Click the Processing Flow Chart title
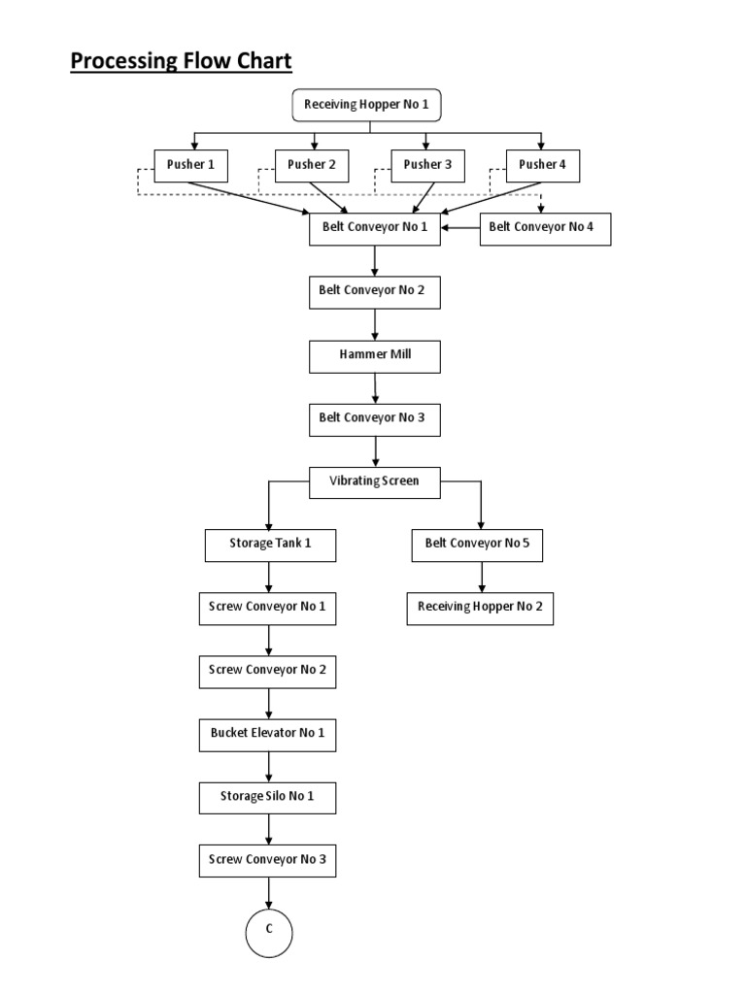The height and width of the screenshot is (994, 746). pyautogui.click(x=181, y=62)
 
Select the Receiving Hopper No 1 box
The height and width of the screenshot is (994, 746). pyautogui.click(x=358, y=106)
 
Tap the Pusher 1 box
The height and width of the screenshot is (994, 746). pyautogui.click(x=191, y=166)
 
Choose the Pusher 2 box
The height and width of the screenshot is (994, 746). pyautogui.click(x=312, y=166)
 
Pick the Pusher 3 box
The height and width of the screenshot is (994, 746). pyautogui.click(x=427, y=166)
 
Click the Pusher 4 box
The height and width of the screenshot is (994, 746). pyautogui.click(x=542, y=166)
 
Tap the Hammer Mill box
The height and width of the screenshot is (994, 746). pyautogui.click(x=375, y=356)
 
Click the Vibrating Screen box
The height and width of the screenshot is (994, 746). pyautogui.click(x=375, y=482)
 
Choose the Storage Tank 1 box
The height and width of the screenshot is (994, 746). pyautogui.click(x=270, y=545)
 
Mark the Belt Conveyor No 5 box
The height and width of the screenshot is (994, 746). pyautogui.click(x=477, y=545)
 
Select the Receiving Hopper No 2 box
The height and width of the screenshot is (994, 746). pyautogui.click(x=480, y=609)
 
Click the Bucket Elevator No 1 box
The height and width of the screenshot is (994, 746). pyautogui.click(x=268, y=734)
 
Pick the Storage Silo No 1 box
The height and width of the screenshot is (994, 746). pyautogui.click(x=268, y=798)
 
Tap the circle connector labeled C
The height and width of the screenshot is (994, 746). pyautogui.click(x=267, y=931)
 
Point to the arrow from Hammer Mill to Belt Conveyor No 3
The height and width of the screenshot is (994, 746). pyautogui.click(x=375, y=387)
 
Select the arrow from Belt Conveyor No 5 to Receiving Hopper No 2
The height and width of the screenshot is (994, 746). pyautogui.click(x=481, y=577)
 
